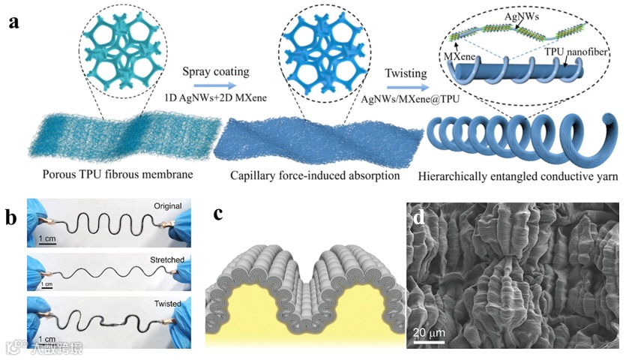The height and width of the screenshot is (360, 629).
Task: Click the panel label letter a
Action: click(x=13, y=22)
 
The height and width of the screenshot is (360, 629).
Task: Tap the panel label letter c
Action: click(x=218, y=213)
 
